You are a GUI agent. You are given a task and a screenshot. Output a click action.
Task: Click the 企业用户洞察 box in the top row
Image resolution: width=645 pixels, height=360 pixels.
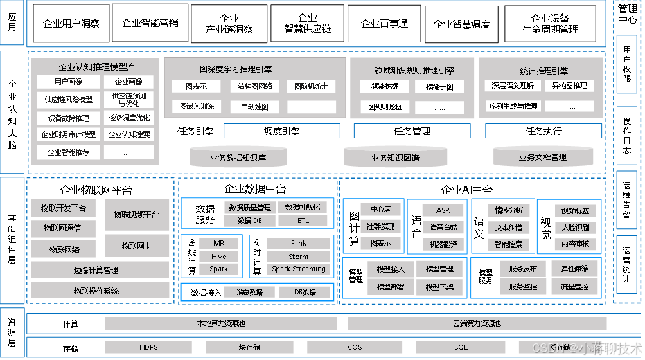pyautogui.click(x=71, y=23)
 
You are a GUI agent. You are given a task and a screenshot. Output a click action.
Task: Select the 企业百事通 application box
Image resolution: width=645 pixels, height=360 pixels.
pyautogui.click(x=384, y=23)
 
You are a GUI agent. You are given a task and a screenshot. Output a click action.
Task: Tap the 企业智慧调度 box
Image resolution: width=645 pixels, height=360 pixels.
pyautogui.click(x=461, y=24)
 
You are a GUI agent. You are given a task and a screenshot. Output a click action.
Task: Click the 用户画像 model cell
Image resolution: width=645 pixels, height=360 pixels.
pyautogui.click(x=68, y=82)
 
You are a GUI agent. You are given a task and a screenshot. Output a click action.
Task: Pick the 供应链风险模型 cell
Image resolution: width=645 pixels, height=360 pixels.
pyautogui.click(x=68, y=100)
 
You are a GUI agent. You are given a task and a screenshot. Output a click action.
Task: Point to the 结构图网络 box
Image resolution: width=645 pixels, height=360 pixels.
pyautogui.click(x=254, y=85)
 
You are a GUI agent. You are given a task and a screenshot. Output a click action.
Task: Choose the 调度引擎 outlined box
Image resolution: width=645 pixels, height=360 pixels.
pyautogui.click(x=281, y=131)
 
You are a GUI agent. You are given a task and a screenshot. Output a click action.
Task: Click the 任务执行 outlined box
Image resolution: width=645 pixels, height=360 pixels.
pyautogui.click(x=543, y=131)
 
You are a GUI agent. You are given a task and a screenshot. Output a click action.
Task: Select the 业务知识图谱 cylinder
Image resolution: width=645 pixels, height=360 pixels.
pyautogui.click(x=395, y=157)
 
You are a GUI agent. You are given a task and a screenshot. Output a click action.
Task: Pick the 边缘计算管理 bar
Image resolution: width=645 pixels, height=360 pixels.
pyautogui.click(x=96, y=270)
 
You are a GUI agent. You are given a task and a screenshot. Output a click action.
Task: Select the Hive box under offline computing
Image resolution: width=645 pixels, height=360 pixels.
pyautogui.click(x=218, y=256)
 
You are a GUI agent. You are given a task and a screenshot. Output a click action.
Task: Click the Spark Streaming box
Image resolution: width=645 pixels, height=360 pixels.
pyautogui.click(x=298, y=269)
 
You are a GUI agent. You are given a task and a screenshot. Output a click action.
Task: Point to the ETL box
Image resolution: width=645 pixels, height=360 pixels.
pyautogui.click(x=303, y=221)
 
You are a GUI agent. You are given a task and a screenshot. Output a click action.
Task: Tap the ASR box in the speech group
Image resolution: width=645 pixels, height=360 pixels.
pyautogui.click(x=443, y=210)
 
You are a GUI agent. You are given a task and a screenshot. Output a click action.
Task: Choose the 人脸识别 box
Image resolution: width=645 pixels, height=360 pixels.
pyautogui.click(x=575, y=227)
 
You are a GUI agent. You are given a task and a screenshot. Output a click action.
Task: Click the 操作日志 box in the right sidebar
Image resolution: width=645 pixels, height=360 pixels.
pyautogui.click(x=626, y=135)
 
